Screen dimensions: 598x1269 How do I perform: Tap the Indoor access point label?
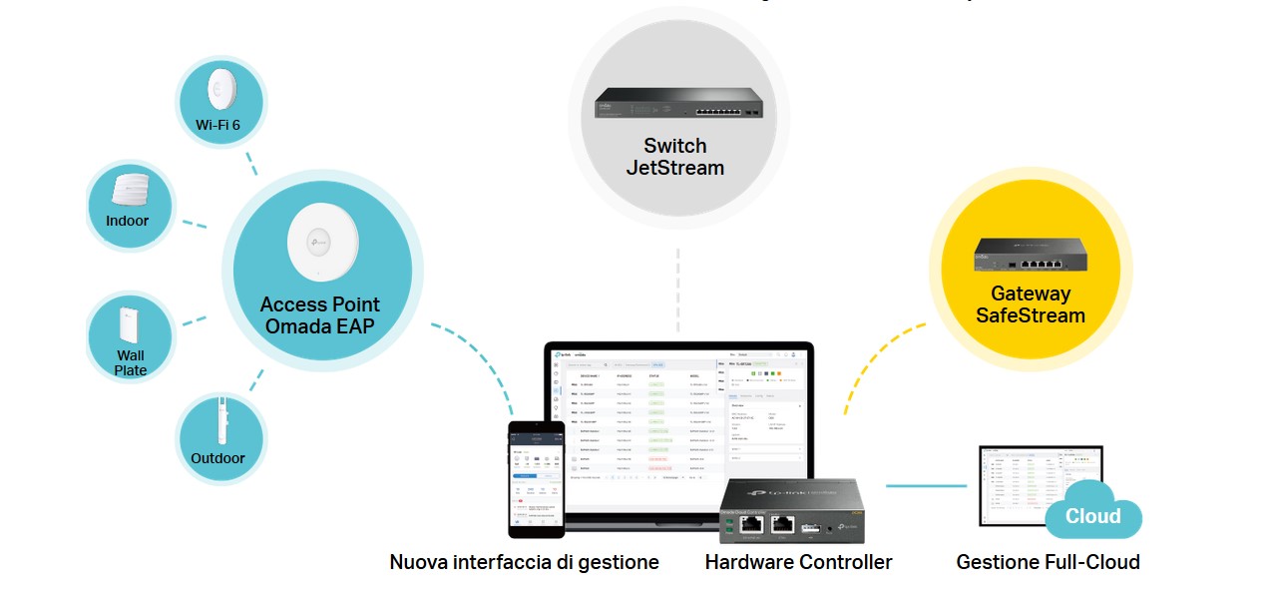pyautogui.click(x=127, y=221)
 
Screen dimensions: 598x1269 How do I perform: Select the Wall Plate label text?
pyautogui.click(x=130, y=362)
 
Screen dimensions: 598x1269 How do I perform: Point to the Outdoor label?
pyautogui.click(x=217, y=458)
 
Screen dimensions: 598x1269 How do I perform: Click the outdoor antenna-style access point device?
pyautogui.click(x=219, y=421)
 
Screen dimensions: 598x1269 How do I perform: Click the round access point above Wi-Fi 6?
pyautogui.click(x=220, y=88)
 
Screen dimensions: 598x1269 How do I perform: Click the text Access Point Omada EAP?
pyautogui.click(x=320, y=315)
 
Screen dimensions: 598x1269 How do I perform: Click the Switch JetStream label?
pyautogui.click(x=674, y=157)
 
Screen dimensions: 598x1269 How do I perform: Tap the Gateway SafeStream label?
pyautogui.click(x=1031, y=304)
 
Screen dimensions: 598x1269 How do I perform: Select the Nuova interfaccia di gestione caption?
pyautogui.click(x=524, y=562)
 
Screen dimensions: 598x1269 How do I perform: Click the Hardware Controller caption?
pyautogui.click(x=798, y=562)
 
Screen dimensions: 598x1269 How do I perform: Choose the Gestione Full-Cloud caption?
pyautogui.click(x=1048, y=562)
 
